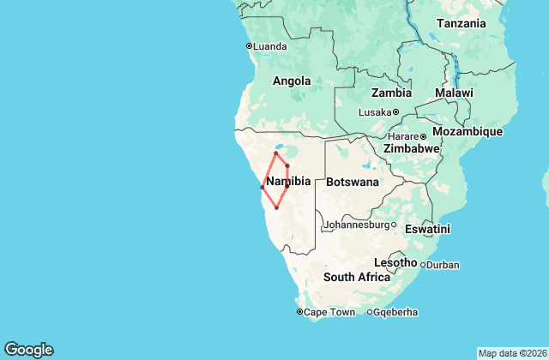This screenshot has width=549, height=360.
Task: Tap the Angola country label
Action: pyautogui.click(x=291, y=81)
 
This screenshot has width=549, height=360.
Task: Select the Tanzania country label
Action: pyautogui.click(x=462, y=24)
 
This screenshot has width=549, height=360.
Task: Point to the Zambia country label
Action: pyautogui.click(x=390, y=93)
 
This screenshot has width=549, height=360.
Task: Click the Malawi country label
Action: pyautogui.click(x=454, y=93)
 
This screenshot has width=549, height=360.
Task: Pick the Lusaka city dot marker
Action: pyautogui.click(x=396, y=112)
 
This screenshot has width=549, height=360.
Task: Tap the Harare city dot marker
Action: pyautogui.click(x=423, y=135)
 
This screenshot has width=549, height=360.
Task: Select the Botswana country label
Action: pyautogui.click(x=352, y=182)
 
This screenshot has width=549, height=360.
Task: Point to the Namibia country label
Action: pyautogui.click(x=288, y=182)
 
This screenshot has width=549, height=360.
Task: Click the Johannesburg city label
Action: pyautogui.click(x=356, y=225)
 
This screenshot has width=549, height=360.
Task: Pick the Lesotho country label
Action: pyautogui.click(x=395, y=262)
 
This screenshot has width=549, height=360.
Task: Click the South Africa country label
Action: pyautogui.click(x=357, y=277)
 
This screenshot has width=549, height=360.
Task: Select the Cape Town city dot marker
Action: pyautogui.click(x=299, y=312)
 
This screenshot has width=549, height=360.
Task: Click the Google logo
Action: pyautogui.click(x=28, y=349)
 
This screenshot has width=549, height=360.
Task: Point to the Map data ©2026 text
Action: pyautogui.click(x=512, y=353)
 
